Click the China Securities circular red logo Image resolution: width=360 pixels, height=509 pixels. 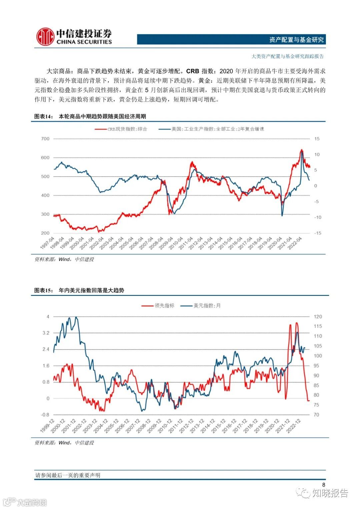[45, 37]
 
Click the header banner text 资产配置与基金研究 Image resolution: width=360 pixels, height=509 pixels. [296, 40]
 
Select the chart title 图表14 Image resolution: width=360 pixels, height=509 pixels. [44, 117]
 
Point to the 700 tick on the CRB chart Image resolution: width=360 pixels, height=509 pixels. [45, 139]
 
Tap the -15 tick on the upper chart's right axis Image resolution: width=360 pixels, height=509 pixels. [318, 233]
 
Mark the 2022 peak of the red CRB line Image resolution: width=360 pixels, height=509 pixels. [301, 150]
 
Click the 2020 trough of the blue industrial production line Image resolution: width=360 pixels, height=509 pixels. [282, 215]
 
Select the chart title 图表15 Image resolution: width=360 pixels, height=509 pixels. [44, 290]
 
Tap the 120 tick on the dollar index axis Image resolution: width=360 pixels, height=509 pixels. [318, 317]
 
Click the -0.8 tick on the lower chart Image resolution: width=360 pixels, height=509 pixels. [45, 415]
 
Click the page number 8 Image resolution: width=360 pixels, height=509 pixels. [323, 485]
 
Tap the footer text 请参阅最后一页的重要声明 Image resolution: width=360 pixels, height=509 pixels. [68, 475]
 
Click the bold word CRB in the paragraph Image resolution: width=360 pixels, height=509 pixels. [193, 71]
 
